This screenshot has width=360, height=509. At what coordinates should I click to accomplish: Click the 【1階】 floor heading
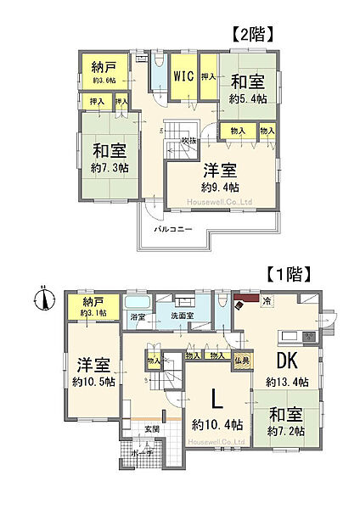292,274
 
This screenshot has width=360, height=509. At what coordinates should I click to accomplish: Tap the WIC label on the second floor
183,76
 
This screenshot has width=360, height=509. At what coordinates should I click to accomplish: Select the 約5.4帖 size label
248,98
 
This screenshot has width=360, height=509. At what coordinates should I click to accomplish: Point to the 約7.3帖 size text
111,168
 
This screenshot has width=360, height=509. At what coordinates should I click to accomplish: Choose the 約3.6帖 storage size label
104,81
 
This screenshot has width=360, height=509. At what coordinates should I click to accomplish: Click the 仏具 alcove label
240,362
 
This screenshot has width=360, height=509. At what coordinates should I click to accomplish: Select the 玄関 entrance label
151,428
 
